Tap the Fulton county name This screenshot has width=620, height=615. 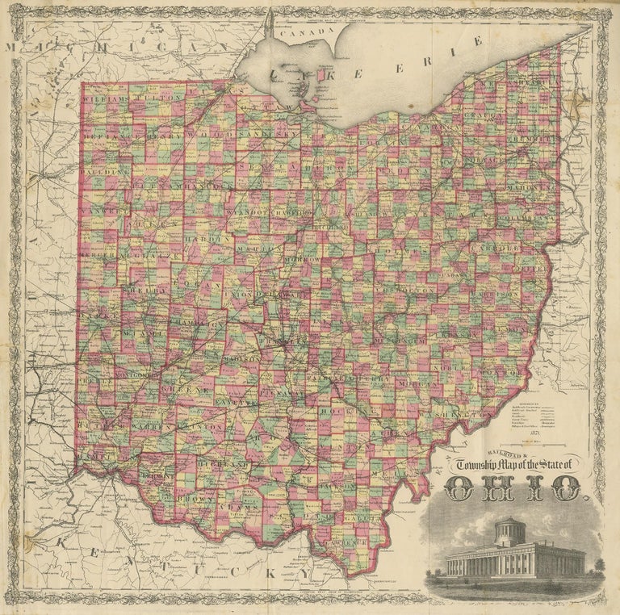coord(153,98)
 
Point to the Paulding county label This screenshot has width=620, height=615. coord(105,172)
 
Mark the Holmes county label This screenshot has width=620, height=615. coord(408,250)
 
